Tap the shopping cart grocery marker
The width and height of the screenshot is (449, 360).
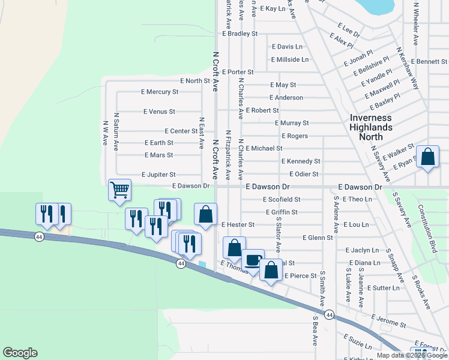point(119,190)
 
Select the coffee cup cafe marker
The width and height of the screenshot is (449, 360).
point(253,260)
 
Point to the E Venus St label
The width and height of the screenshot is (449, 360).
point(159,112)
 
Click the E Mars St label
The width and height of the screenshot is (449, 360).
point(158,155)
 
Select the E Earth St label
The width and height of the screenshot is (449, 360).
point(158,143)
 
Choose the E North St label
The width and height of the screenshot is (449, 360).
point(195,80)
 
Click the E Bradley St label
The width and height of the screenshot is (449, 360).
point(240,34)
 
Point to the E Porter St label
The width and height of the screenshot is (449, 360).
point(238,72)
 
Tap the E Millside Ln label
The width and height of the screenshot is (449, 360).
point(289,59)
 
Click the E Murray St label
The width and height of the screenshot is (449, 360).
point(291,123)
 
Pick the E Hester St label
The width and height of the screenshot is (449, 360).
point(238,224)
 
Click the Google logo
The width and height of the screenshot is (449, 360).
point(20,353)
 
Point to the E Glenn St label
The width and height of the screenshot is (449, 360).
point(318,238)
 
